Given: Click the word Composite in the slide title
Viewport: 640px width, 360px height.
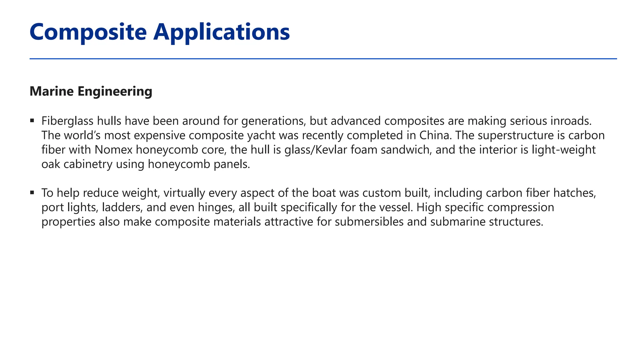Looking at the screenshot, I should [88, 32].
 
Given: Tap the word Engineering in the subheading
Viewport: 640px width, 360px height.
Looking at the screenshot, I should [115, 92].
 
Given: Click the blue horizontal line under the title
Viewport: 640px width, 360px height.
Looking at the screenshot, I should [323, 58].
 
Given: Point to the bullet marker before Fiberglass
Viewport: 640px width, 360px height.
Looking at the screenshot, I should [32, 121].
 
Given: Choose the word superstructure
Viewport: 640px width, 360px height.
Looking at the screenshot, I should [516, 135].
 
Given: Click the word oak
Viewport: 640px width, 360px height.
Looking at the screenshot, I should [51, 164].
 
